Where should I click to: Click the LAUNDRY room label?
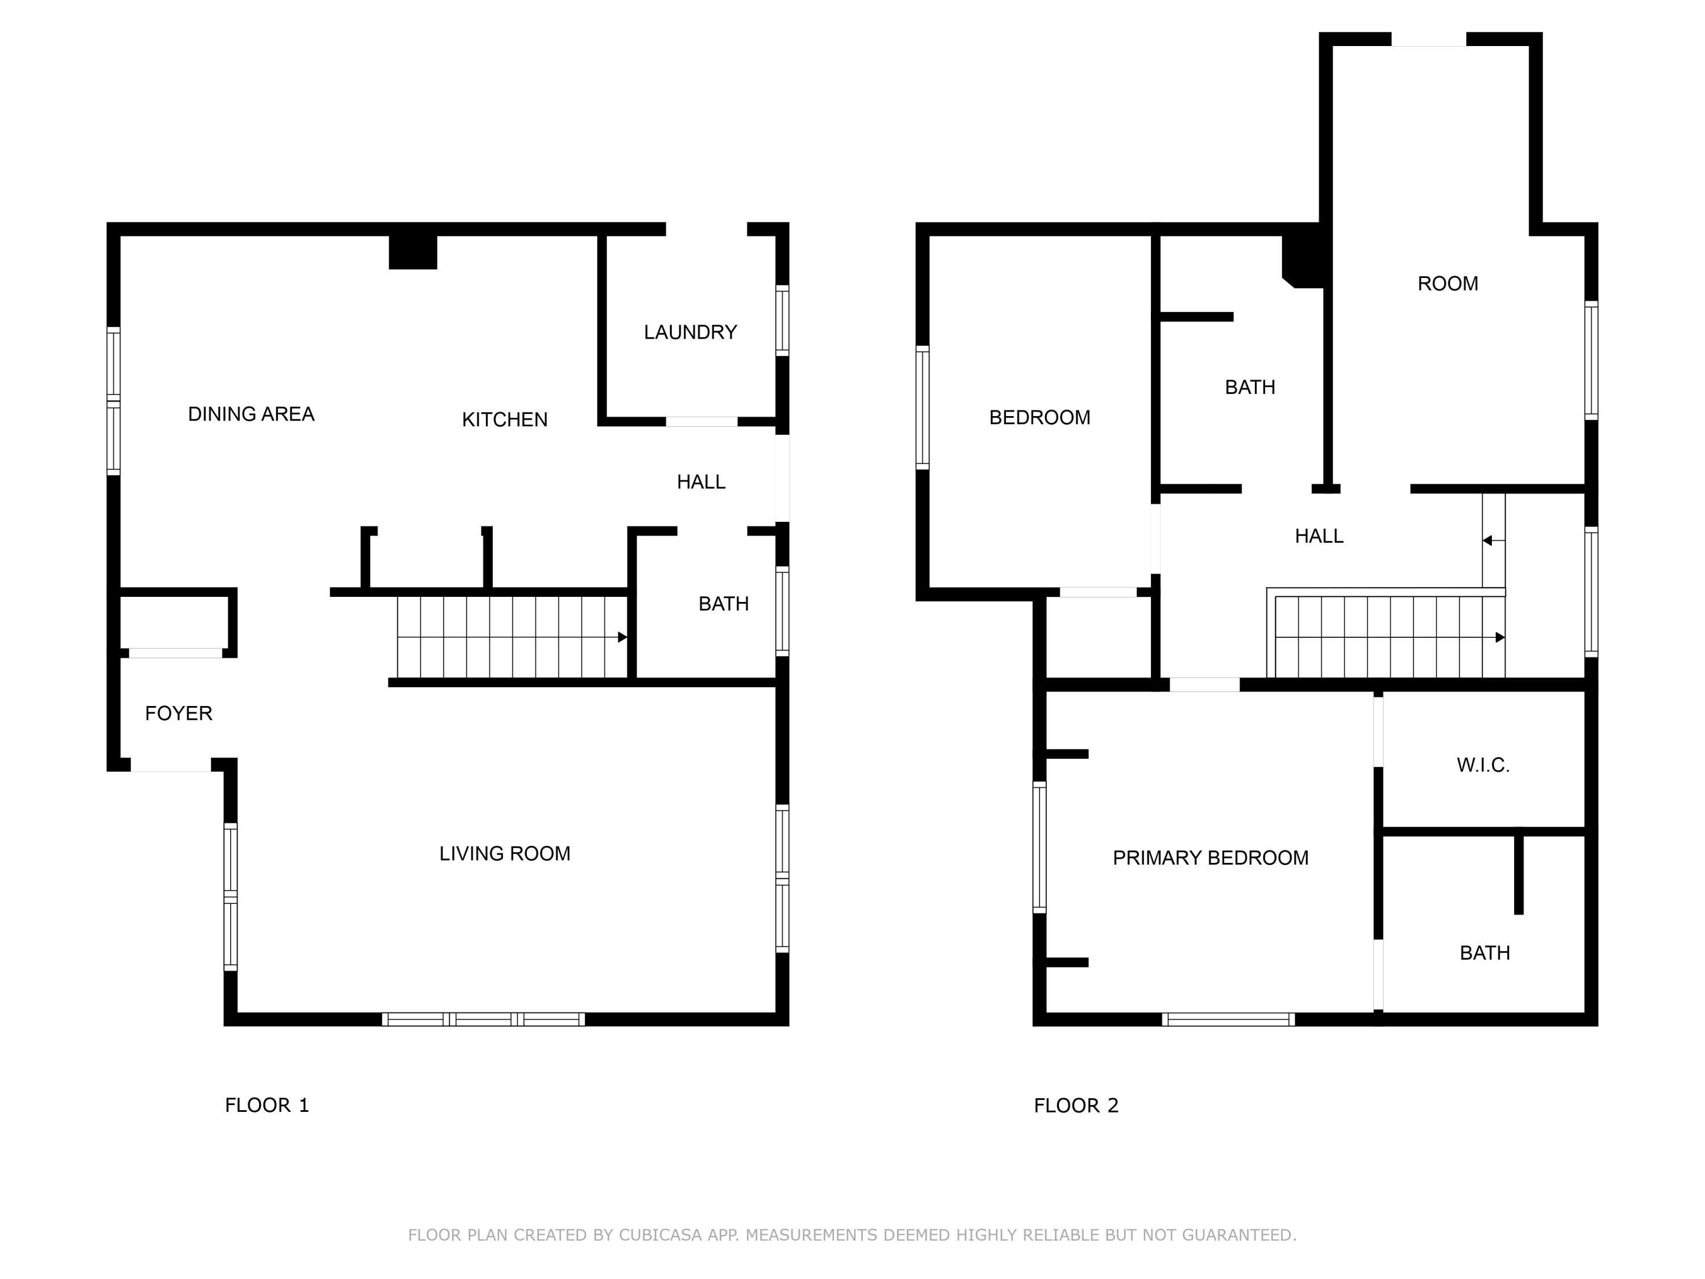tap(690, 333)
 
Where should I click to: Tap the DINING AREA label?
tap(251, 414)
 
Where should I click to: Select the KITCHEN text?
tap(504, 420)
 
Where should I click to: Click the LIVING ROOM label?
tap(504, 853)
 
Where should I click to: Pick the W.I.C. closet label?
tap(1482, 765)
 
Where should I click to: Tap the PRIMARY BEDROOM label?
tap(1210, 858)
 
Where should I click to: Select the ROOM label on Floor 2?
tap(1447, 284)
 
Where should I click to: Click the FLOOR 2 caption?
tap(1075, 1106)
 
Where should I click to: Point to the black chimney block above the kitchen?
tap(413, 252)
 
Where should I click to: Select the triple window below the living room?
tap(483, 1019)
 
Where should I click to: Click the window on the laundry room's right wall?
tap(781, 320)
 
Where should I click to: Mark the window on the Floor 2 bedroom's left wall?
tap(922, 407)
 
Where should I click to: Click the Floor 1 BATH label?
tap(723, 604)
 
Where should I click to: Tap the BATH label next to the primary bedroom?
tap(1484, 953)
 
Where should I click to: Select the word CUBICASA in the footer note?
tap(660, 1235)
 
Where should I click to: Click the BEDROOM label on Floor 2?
tap(1039, 418)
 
